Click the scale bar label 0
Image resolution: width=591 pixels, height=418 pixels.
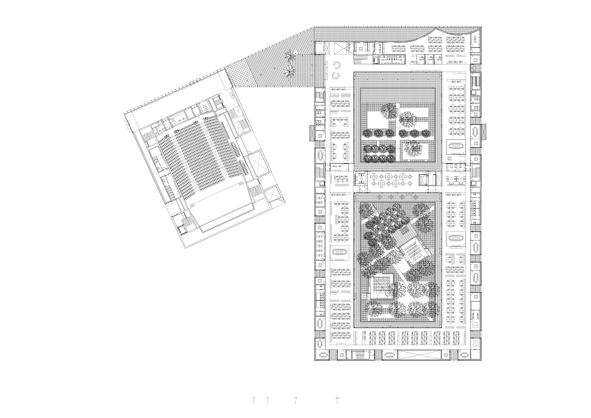tap(254, 398)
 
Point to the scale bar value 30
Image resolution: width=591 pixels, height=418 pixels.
tap(337, 398)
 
